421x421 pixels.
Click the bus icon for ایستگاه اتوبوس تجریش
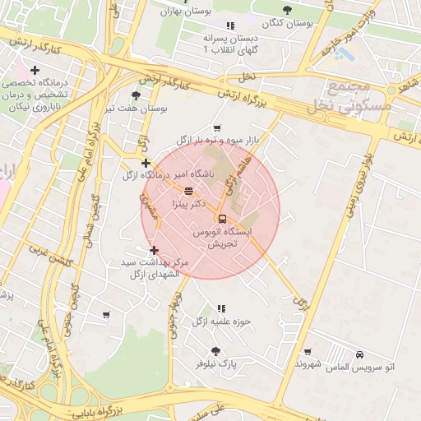pos(222,219)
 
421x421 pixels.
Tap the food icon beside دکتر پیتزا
pos(188,191)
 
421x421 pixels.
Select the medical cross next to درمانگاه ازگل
pos(146,163)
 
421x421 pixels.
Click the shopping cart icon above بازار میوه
pos(217,128)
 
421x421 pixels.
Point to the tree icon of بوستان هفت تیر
pos(136,95)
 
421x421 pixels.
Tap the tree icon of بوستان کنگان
pos(286,10)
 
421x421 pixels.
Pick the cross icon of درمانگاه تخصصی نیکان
pos(35,72)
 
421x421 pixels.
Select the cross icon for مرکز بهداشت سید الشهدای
pos(154,250)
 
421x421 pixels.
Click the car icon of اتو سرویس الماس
pos(360,354)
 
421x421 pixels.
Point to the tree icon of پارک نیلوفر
pos(215,350)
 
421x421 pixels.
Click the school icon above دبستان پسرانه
pos(230,25)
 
